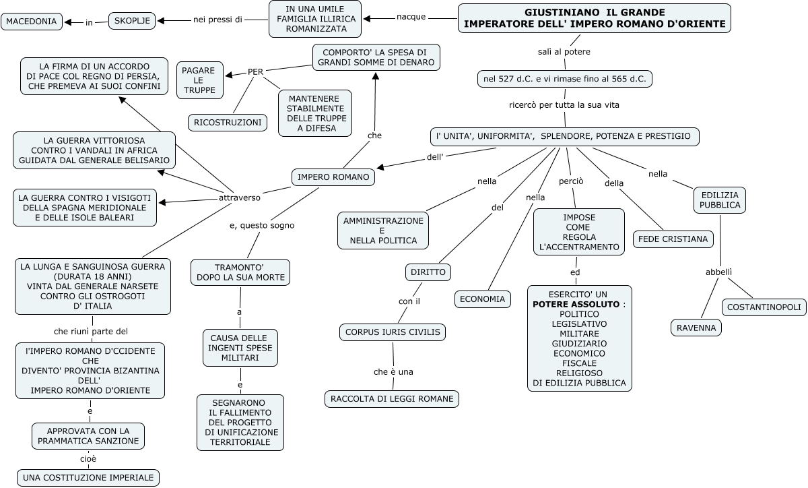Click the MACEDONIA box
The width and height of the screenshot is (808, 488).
click(32, 22)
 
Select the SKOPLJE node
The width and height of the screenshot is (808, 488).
click(132, 22)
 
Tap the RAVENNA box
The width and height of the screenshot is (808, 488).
click(696, 328)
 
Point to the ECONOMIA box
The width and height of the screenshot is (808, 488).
click(482, 299)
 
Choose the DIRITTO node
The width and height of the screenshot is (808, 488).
click(428, 272)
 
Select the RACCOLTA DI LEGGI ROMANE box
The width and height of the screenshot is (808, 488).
click(392, 398)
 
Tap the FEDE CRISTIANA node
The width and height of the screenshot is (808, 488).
click(673, 239)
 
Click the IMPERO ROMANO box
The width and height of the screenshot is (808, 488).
click(333, 177)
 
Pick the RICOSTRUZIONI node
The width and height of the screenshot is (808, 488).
click(228, 122)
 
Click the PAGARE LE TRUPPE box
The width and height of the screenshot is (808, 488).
click(199, 80)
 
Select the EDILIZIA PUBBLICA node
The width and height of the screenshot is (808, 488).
click(720, 200)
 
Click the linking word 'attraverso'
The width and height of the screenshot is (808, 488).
click(240, 198)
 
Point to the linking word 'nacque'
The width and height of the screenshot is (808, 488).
click(411, 17)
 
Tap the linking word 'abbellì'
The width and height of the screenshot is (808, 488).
click(718, 272)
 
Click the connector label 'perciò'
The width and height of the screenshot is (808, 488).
click(571, 181)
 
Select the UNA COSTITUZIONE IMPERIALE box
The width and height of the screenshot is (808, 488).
click(88, 478)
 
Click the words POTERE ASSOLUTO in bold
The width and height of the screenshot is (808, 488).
click(576, 304)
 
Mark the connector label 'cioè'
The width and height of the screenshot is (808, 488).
click(88, 459)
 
